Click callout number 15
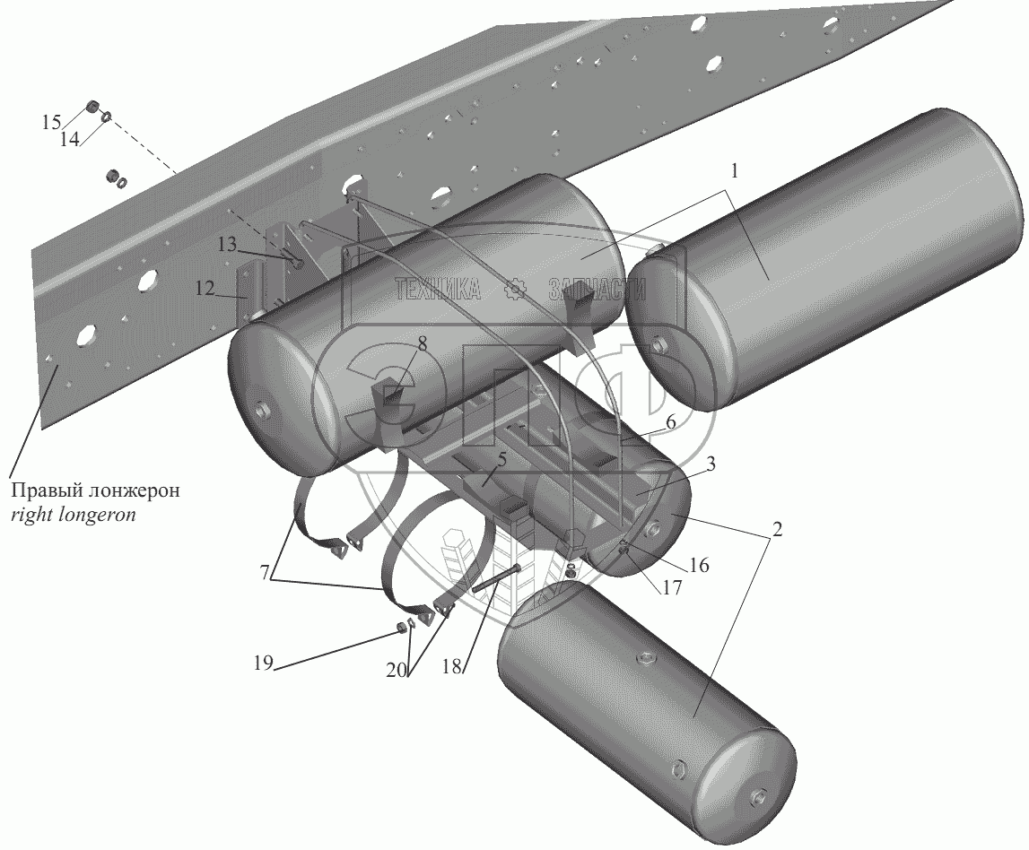[x=52, y=122]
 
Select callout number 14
[x=70, y=139]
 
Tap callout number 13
[x=227, y=245]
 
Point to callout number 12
[x=205, y=288]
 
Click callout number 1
[x=735, y=171]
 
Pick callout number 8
[x=422, y=343]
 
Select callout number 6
[x=670, y=421]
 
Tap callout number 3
[x=710, y=464]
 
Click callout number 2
[x=777, y=529]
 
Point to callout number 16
[x=700, y=565]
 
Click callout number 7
[x=265, y=573]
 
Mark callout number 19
[x=263, y=664]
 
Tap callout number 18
[x=451, y=666]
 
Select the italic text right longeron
[x=74, y=514]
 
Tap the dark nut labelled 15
[x=93, y=106]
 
